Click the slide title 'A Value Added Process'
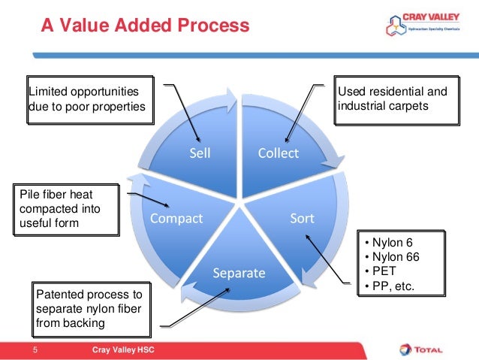coord(145,27)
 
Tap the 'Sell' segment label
coord(200,153)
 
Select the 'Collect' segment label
coord(278,153)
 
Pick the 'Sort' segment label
coord(302,219)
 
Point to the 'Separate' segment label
coord(239,273)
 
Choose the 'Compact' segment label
coord(176,219)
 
